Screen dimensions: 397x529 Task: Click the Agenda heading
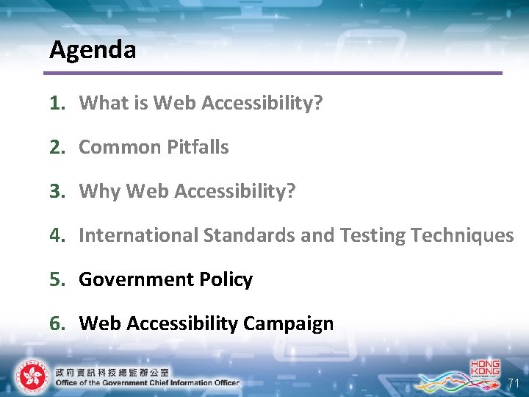point(93,50)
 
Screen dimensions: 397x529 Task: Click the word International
point(138,235)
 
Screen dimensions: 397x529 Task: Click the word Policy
point(226,279)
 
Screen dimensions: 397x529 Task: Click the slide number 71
point(514,384)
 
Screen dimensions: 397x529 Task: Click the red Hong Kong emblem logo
point(30,376)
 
